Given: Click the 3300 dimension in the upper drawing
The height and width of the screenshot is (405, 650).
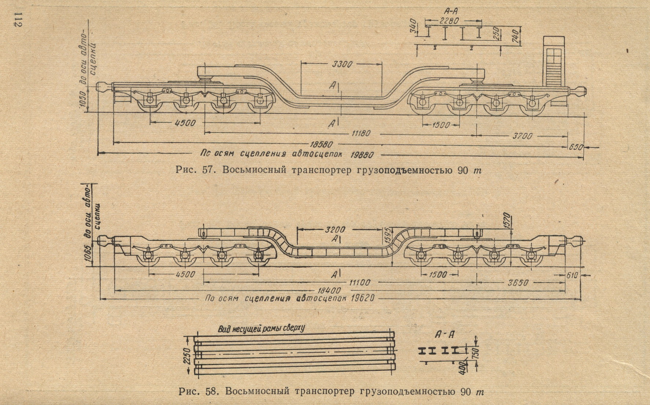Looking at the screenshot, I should [342, 65].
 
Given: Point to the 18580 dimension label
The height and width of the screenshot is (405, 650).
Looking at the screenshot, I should [322, 145].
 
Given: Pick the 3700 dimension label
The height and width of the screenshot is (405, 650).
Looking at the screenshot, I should [522, 136].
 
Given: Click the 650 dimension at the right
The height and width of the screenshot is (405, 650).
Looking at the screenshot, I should [576, 147].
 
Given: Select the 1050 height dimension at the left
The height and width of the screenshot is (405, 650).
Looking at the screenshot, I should [82, 101].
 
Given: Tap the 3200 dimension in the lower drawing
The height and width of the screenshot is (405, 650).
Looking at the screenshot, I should [335, 230].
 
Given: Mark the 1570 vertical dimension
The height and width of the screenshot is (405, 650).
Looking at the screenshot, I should [507, 220].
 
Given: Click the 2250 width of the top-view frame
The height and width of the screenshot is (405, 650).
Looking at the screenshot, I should [187, 355].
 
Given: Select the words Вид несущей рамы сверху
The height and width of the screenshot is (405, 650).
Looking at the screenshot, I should [261, 328].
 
